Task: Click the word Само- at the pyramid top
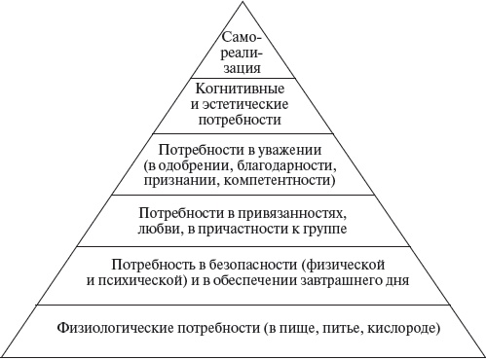(x=243, y=38)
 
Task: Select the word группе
(x=324, y=229)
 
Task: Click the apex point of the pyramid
(x=243, y=3)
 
